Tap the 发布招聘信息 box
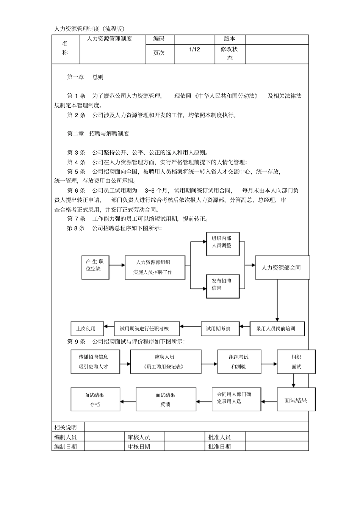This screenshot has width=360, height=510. coord(223,286)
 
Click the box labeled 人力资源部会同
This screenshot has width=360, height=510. coord(282,268)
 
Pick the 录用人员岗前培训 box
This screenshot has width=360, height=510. coord(277,329)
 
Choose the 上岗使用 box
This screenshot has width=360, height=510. coord(87,329)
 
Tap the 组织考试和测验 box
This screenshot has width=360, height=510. coord(239,362)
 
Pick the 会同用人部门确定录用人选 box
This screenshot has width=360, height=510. coord(236,399)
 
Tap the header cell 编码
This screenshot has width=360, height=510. coord(159,39)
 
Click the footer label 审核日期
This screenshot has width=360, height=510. coord(139,447)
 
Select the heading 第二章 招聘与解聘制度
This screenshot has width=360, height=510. coord(98,133)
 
